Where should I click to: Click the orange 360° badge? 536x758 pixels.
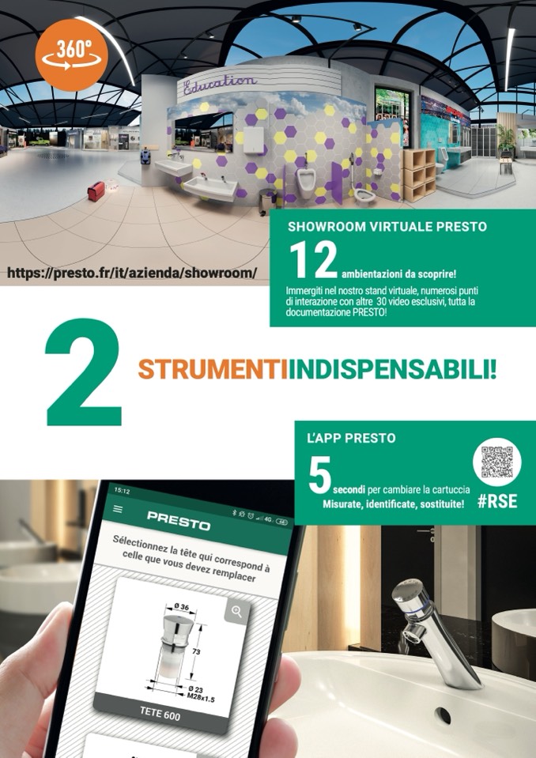[71, 55]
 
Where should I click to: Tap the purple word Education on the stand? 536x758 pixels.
[220, 85]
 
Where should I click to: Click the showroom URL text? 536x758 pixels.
[131, 273]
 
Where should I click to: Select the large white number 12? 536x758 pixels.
[313, 260]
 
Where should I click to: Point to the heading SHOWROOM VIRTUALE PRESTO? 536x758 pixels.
[387, 227]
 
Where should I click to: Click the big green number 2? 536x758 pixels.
[84, 373]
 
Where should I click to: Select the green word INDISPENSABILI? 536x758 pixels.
[392, 370]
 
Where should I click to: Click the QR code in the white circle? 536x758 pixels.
[496, 462]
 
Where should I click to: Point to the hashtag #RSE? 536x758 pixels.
[497, 501]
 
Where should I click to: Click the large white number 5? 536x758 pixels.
[319, 475]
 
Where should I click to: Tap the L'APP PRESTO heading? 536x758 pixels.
[351, 439]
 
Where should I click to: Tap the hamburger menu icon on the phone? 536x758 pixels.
[118, 509]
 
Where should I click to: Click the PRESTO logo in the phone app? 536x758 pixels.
[179, 520]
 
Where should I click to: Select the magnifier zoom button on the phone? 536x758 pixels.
[237, 612]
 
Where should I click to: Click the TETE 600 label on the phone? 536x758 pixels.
[160, 713]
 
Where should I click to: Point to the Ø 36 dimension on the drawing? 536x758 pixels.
[181, 607]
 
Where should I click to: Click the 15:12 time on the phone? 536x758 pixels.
[122, 491]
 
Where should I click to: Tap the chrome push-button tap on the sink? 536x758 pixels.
[433, 634]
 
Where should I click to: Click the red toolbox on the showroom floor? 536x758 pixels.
[96, 191]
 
